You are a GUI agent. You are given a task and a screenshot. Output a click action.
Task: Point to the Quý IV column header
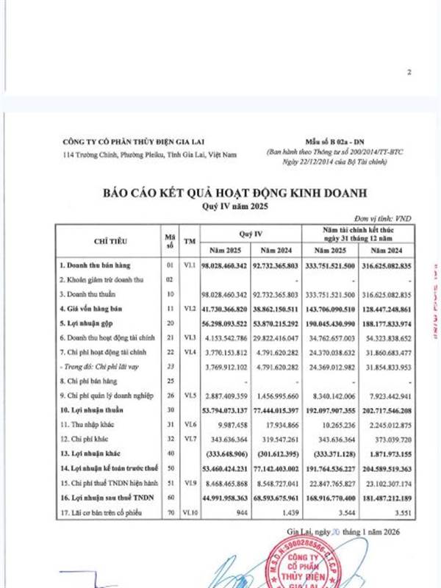pos(252,233)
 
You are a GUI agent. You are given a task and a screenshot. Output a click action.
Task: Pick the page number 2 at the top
pos(409,72)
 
